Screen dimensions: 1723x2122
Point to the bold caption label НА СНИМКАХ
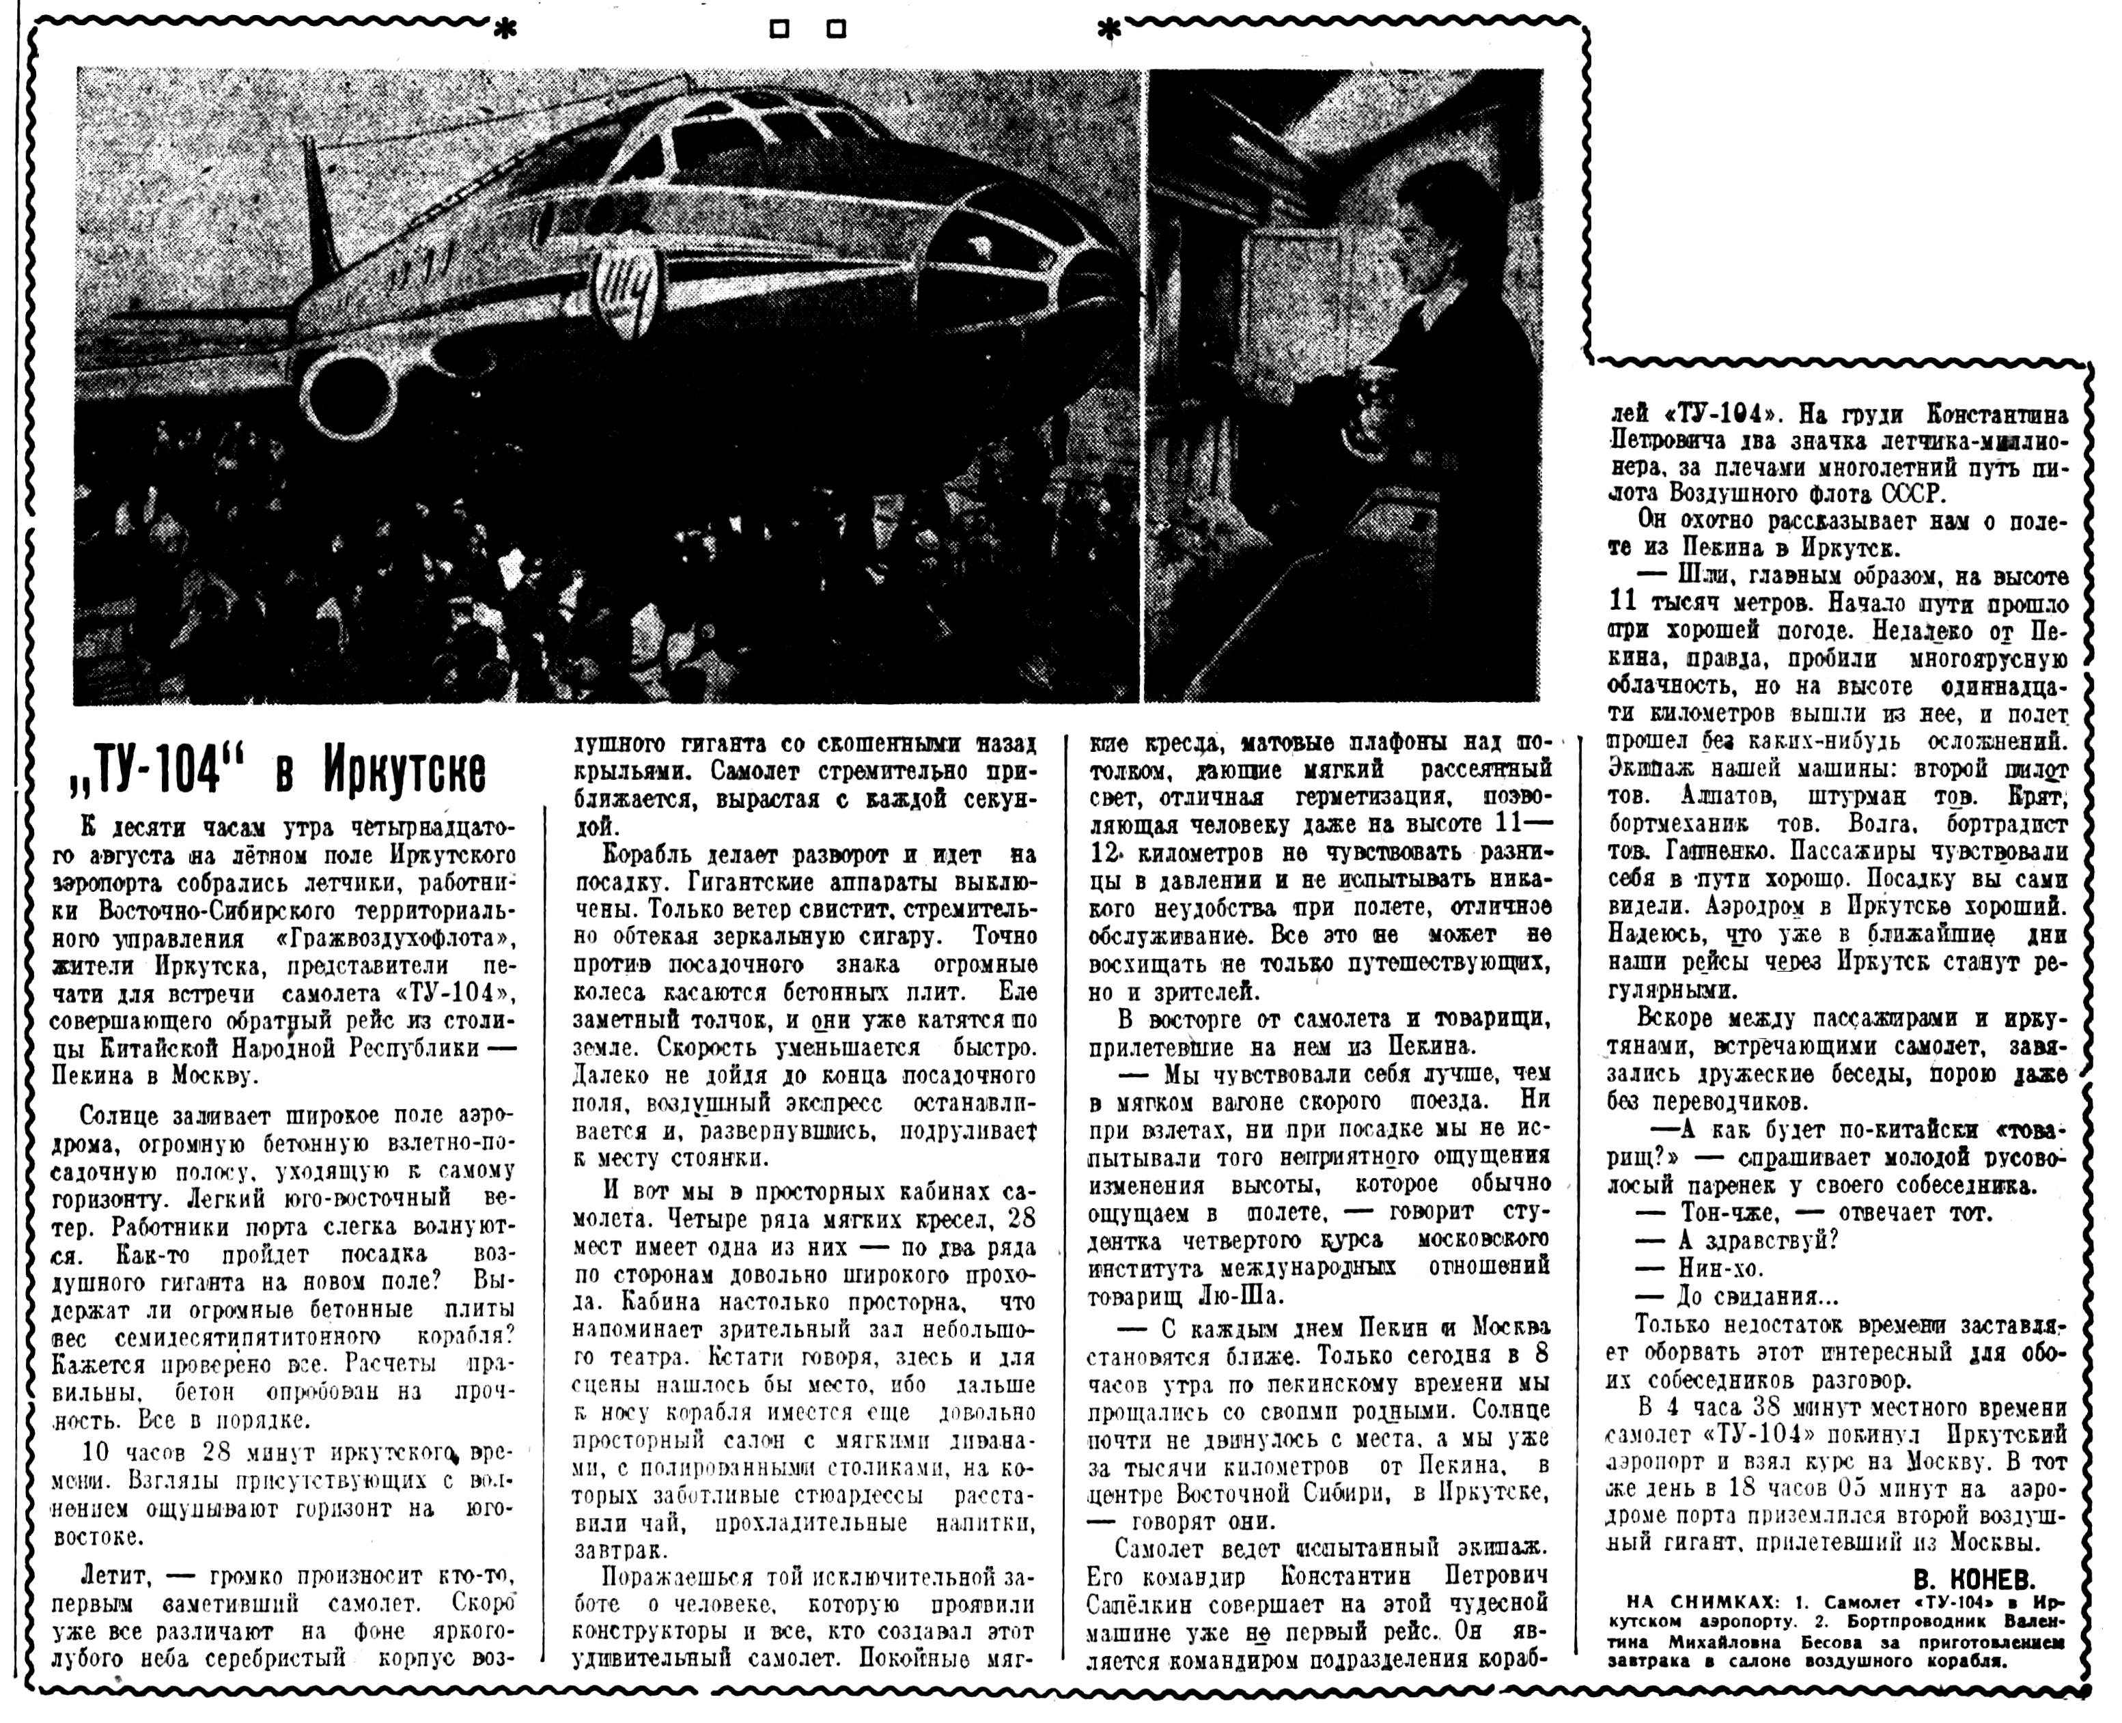[x=1677, y=1629]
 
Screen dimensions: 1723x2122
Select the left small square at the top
[x=780, y=30]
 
